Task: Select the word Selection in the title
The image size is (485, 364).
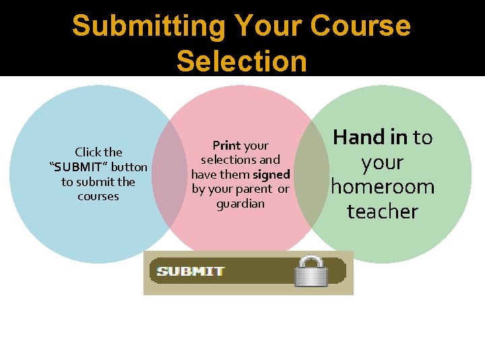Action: click(241, 61)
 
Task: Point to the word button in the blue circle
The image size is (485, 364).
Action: click(129, 167)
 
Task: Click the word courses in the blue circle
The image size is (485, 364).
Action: click(98, 197)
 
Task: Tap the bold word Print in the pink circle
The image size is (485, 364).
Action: click(227, 146)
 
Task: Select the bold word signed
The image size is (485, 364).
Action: click(271, 175)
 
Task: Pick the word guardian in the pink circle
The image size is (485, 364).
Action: click(240, 204)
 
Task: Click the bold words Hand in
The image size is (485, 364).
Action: click(370, 138)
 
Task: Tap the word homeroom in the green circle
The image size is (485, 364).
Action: click(382, 187)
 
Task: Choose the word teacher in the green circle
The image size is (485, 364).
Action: click(382, 212)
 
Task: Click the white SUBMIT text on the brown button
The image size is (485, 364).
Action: click(191, 272)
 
